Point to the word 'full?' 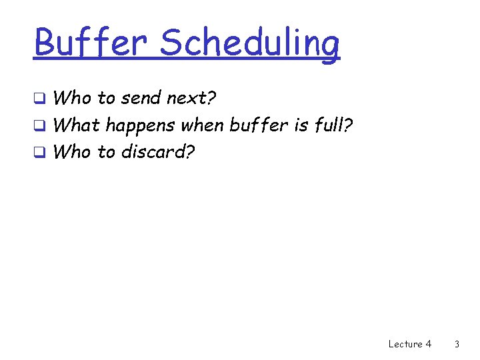tap(335, 125)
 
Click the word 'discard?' tap(158, 151)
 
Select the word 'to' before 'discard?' tap(107, 152)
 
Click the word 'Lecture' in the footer tap(404, 344)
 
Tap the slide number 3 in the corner tap(457, 344)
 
